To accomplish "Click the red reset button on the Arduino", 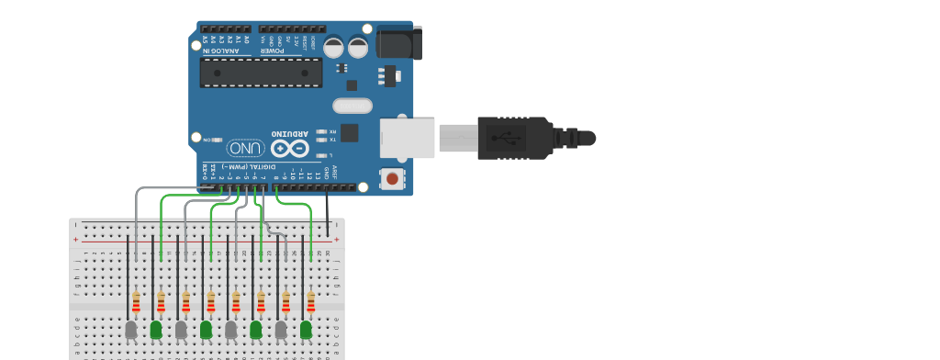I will (393, 178).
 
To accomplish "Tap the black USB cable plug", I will (514, 138).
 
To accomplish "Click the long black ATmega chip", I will (262, 73).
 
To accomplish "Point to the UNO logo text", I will (246, 148).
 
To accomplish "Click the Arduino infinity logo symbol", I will (289, 148).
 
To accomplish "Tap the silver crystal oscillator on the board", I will (352, 106).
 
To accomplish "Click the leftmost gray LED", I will (131, 328).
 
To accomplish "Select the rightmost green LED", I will (306, 328).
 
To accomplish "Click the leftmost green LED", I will (156, 328).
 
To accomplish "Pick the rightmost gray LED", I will (281, 328).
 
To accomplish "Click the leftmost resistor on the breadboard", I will (136, 301).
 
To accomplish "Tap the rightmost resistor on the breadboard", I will (310, 301).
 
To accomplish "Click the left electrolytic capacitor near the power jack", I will (333, 47).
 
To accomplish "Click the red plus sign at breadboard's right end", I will (336, 240).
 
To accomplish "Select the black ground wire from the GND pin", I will (328, 216).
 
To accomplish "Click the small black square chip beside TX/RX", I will (350, 132).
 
